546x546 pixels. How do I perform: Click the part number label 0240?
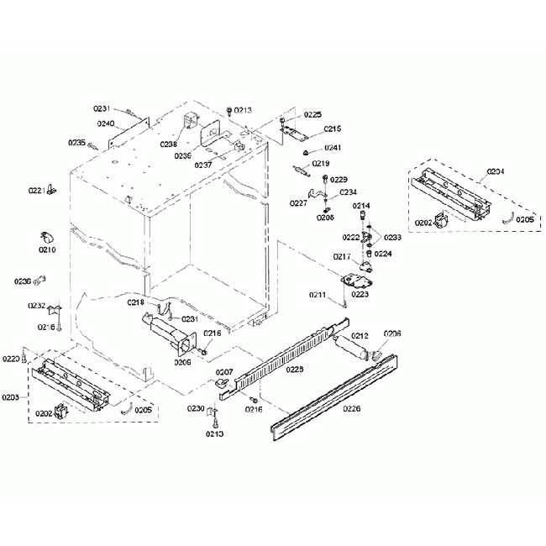pyautogui.click(x=105, y=123)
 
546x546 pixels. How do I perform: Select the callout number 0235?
pyautogui.click(x=76, y=143)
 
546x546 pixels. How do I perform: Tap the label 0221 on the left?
pyautogui.click(x=37, y=191)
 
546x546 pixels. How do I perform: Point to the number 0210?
pyautogui.click(x=47, y=249)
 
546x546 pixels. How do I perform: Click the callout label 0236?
pyautogui.click(x=23, y=281)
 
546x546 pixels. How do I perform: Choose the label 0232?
pyautogui.click(x=37, y=306)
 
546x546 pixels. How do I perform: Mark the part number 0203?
pyautogui.click(x=11, y=396)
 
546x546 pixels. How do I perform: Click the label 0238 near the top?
pyautogui.click(x=170, y=144)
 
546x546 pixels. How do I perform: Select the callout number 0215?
pyautogui.click(x=333, y=129)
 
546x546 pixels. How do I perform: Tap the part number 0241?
pyautogui.click(x=333, y=148)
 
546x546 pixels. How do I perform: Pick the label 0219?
pyautogui.click(x=321, y=163)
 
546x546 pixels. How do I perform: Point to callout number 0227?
pyautogui.click(x=299, y=203)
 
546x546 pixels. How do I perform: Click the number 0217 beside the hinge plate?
pyautogui.click(x=342, y=257)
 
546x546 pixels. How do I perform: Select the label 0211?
pyautogui.click(x=317, y=295)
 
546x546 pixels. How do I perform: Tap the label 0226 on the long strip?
pyautogui.click(x=352, y=410)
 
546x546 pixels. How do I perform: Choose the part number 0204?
pyautogui.click(x=496, y=172)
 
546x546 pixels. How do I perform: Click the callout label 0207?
pyautogui.click(x=224, y=371)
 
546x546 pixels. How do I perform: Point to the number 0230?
pyautogui.click(x=196, y=408)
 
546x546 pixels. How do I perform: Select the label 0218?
pyautogui.click(x=136, y=302)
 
